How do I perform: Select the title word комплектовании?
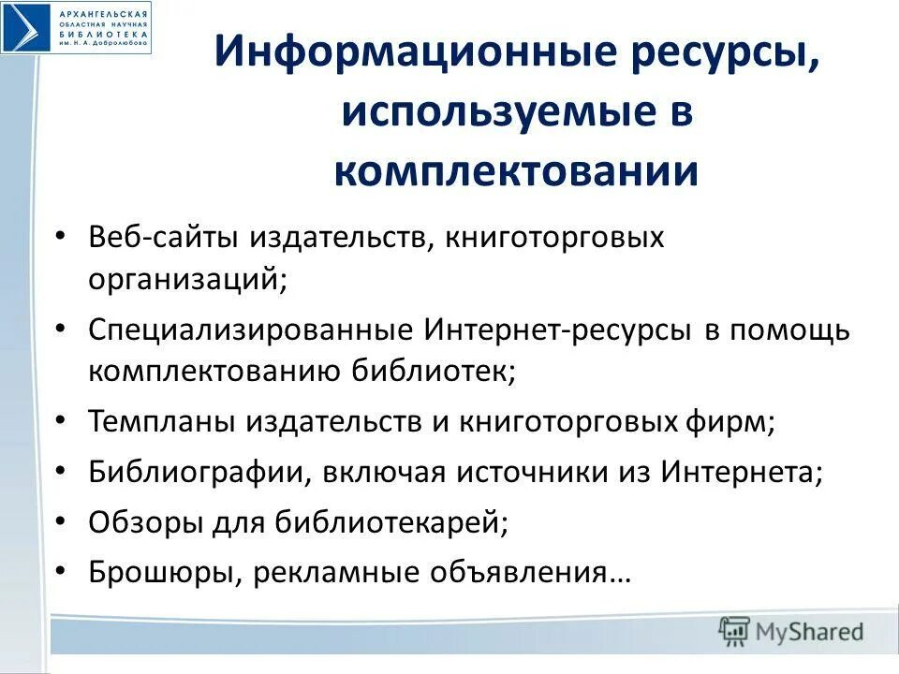(516, 172)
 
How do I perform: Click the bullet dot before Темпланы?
(60, 422)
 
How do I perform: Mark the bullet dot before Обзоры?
(60, 522)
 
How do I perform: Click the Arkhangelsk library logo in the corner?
(75, 27)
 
